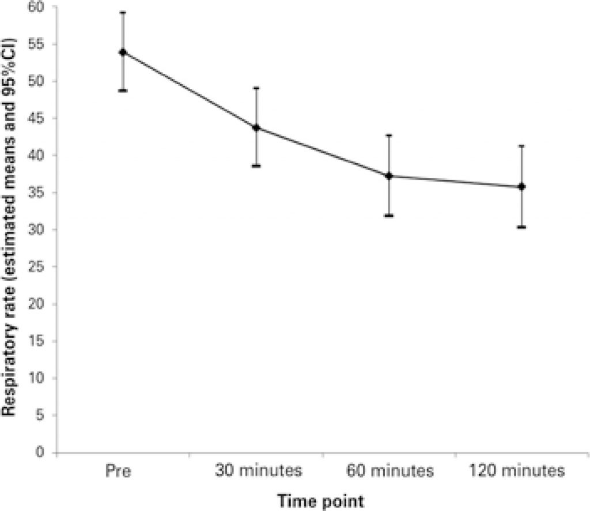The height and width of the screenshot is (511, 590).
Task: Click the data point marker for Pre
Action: click(x=123, y=52)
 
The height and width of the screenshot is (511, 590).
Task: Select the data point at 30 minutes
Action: click(x=256, y=127)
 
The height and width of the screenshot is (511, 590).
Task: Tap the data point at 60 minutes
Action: click(x=389, y=176)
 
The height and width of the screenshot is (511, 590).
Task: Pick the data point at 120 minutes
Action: click(x=522, y=186)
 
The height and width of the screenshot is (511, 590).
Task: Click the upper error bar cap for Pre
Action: click(x=123, y=12)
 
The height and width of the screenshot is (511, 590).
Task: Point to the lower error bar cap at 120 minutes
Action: click(x=522, y=227)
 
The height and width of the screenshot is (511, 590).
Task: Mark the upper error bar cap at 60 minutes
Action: click(x=389, y=135)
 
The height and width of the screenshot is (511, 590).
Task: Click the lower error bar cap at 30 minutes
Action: click(x=256, y=166)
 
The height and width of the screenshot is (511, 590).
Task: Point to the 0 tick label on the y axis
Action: click(x=44, y=452)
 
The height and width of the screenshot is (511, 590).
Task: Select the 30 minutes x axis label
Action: click(x=259, y=472)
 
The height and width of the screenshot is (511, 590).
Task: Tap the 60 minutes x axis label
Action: click(x=389, y=472)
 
